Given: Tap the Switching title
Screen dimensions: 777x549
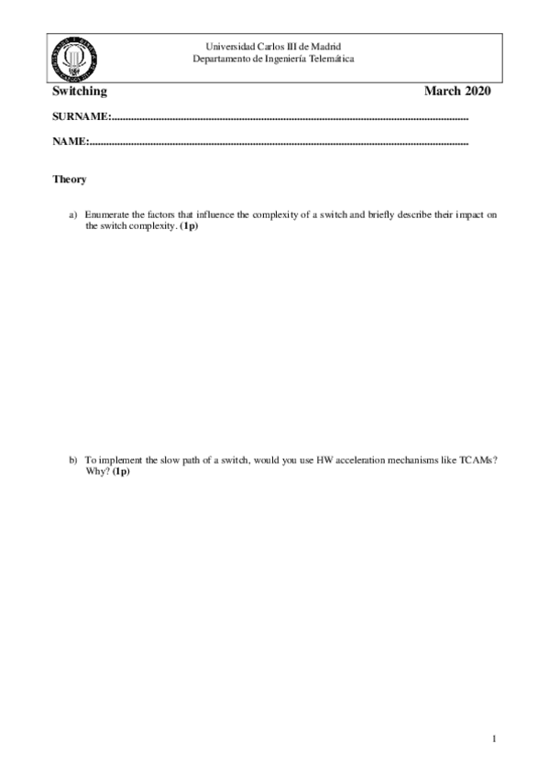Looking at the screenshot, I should pos(80,91).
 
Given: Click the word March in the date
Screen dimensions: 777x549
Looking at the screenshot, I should pos(443,91).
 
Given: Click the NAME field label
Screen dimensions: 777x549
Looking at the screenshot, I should pos(70,142).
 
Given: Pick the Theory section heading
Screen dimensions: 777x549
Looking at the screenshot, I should pos(70,180).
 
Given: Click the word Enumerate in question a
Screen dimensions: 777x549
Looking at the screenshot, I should pos(108,214).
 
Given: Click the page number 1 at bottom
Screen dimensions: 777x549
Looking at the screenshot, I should pos(493,739).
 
